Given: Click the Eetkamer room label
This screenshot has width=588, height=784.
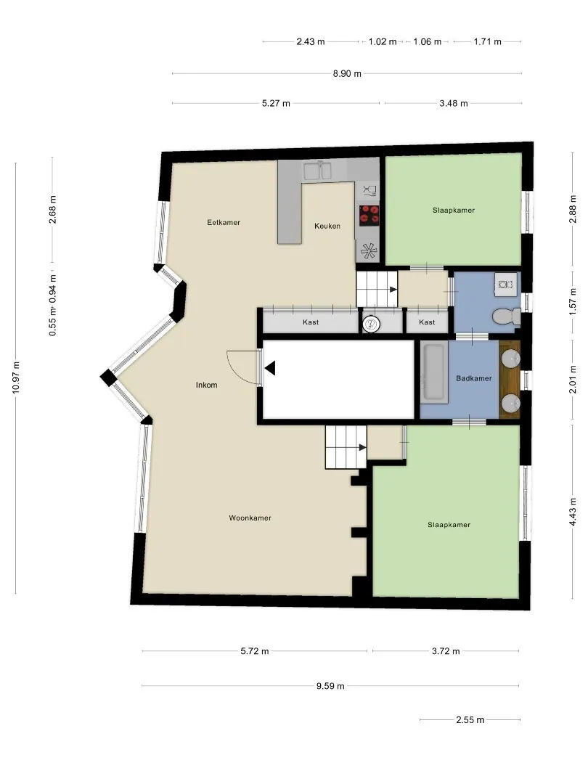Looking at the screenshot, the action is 224,223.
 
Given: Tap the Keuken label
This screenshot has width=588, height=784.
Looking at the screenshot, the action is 327,226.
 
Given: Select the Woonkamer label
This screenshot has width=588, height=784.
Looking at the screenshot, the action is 250,518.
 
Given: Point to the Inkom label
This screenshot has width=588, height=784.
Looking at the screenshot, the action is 206,385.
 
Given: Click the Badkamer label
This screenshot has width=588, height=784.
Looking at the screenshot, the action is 473,378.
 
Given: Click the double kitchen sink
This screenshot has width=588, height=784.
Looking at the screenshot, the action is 317,171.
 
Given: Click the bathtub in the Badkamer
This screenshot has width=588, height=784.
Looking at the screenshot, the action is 434,371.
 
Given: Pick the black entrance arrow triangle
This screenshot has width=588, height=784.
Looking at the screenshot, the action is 271,369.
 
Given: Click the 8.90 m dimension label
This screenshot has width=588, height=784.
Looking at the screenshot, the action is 347,73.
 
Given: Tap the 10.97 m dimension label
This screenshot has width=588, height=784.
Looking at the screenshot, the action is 16,377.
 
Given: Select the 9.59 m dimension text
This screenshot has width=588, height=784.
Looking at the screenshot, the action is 330,686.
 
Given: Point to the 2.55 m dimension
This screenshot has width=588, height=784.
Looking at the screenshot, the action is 470,720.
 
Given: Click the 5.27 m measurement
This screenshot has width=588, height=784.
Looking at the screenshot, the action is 276,104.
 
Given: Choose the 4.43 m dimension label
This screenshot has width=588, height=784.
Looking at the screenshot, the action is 573,512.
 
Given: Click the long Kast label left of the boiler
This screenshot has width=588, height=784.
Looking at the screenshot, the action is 311,322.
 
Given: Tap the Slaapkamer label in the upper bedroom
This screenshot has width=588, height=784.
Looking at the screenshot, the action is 454,211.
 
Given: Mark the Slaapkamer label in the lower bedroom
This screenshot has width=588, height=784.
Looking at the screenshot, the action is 449,525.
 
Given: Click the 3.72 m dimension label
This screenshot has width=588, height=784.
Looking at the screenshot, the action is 446,651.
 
